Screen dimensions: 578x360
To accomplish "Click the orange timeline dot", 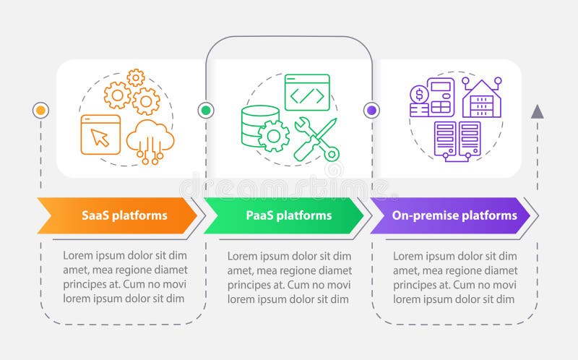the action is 40,111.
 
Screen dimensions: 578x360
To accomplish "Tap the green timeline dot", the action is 206,111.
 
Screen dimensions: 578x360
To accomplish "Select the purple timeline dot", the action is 371,111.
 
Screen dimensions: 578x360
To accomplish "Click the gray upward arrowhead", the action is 537,111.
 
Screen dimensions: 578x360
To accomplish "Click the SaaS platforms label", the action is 124,215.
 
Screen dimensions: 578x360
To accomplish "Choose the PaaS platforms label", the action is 289,215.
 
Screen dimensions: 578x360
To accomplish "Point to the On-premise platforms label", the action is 454,215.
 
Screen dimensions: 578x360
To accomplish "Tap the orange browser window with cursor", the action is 100,134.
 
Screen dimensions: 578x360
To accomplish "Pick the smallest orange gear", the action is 136,78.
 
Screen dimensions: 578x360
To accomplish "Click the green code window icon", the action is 307,93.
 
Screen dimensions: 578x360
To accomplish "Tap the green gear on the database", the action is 274,136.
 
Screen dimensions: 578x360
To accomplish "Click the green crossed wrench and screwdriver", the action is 317,139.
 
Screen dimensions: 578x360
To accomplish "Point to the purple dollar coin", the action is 419,95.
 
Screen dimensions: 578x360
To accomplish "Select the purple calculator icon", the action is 441,98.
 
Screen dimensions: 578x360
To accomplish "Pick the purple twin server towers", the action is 457,140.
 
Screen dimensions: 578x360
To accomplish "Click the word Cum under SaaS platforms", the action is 134,284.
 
